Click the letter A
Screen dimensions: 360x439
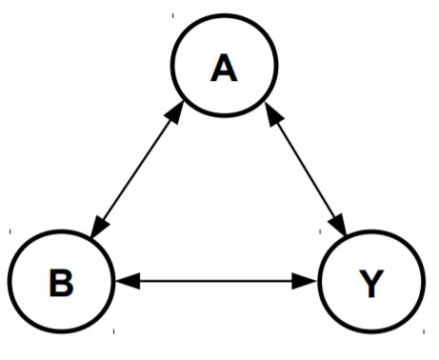pos(224,69)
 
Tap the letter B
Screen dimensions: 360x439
pos(59,284)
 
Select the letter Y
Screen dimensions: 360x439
pos(370,284)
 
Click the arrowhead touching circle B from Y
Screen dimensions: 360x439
pos(125,280)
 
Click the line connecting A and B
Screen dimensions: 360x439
pos(136,169)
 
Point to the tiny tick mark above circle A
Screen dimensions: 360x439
pos(172,16)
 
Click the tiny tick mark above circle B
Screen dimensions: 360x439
pos(9,231)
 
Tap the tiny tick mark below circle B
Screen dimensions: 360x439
pos(113,331)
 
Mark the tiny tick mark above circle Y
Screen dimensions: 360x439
pos(425,231)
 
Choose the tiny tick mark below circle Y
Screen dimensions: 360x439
pos(425,332)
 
